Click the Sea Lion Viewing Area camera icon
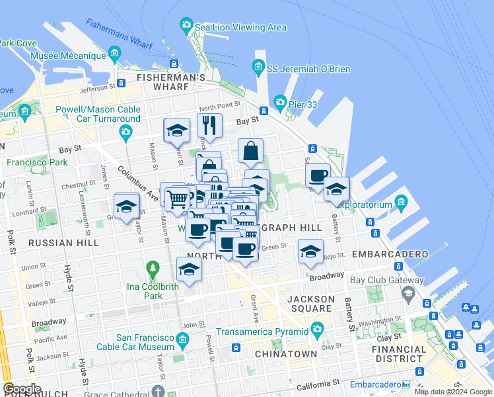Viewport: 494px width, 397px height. [x=186, y=25]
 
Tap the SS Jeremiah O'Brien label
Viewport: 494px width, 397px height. [x=308, y=69]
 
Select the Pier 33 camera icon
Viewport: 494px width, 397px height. [x=280, y=102]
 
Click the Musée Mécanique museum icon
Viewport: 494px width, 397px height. [x=115, y=53]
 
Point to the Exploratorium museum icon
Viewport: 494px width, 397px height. [x=400, y=201]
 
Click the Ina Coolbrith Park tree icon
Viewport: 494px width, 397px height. [x=153, y=269]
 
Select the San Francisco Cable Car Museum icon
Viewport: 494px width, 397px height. [x=182, y=341]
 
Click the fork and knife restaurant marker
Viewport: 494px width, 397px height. [x=209, y=126]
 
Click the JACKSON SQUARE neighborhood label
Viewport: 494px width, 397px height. [x=311, y=304]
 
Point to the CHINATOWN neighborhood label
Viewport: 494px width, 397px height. [x=286, y=354]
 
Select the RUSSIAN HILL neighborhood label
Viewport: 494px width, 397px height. [x=63, y=243]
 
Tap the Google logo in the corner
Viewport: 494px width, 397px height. [x=22, y=389]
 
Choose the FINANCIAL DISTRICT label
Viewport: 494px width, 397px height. [x=399, y=354]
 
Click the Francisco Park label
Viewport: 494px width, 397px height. [x=37, y=162]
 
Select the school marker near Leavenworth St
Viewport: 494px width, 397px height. [x=126, y=206]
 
